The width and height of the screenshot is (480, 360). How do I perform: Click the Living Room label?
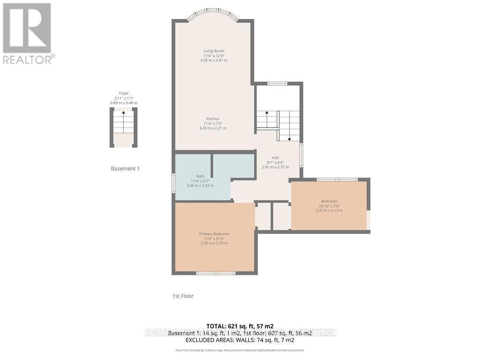(x=214, y=51)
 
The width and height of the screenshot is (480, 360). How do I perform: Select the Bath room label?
(x=200, y=176)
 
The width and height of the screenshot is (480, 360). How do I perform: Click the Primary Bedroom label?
(x=214, y=234)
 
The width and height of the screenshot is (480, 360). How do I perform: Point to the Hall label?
(x=276, y=157)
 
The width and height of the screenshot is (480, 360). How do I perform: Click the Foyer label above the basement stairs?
(x=124, y=93)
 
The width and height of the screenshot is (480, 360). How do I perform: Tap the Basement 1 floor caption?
(x=125, y=168)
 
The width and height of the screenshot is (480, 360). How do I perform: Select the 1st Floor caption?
(x=183, y=296)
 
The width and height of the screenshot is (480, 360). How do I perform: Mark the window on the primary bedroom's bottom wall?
(x=216, y=273)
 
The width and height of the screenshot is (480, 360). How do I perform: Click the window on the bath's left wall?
(x=173, y=182)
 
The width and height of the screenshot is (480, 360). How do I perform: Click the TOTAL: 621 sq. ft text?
(x=240, y=326)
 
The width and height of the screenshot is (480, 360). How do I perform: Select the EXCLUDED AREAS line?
(x=240, y=340)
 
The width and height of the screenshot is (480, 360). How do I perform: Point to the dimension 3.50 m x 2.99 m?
(x=214, y=243)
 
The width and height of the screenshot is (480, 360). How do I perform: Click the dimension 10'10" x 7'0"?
(x=329, y=206)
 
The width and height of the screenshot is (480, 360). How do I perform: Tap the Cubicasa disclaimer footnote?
(x=240, y=350)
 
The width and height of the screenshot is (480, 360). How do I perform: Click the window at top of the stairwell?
(x=277, y=83)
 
